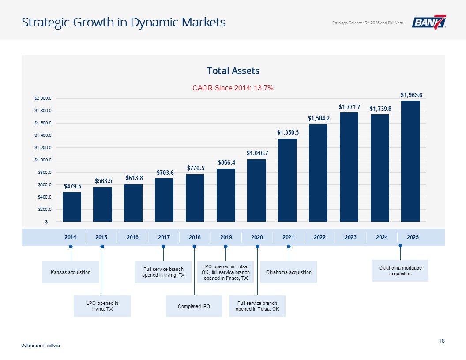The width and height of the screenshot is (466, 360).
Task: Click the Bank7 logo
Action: [x=429, y=22]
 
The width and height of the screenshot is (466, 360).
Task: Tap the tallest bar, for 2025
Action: [x=410, y=161]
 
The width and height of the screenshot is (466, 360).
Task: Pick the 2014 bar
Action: [x=72, y=207]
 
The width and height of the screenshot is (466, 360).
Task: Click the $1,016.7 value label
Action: [x=257, y=153]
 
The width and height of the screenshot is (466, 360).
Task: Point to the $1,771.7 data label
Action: [x=349, y=107]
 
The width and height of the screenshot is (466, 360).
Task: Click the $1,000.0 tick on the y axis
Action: [x=42, y=160]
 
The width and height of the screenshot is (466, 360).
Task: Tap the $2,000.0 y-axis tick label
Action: [x=42, y=98]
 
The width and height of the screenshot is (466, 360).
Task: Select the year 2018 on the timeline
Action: [x=195, y=237]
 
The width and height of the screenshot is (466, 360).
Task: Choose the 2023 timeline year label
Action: [x=350, y=237]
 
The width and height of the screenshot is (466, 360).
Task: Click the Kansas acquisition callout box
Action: [x=71, y=272]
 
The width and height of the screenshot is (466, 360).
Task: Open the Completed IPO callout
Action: [x=194, y=306]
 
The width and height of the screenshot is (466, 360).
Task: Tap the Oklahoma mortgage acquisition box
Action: [x=400, y=270]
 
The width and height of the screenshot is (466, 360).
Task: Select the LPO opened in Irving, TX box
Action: [x=102, y=306]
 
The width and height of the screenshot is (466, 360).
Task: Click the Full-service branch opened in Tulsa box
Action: [x=257, y=306]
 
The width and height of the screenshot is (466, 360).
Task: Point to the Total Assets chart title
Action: [x=233, y=71]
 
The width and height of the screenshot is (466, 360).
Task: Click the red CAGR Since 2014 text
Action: [x=233, y=88]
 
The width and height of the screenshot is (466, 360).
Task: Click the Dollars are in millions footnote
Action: [x=41, y=345]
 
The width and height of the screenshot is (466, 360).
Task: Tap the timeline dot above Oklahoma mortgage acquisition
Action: [x=400, y=245]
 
